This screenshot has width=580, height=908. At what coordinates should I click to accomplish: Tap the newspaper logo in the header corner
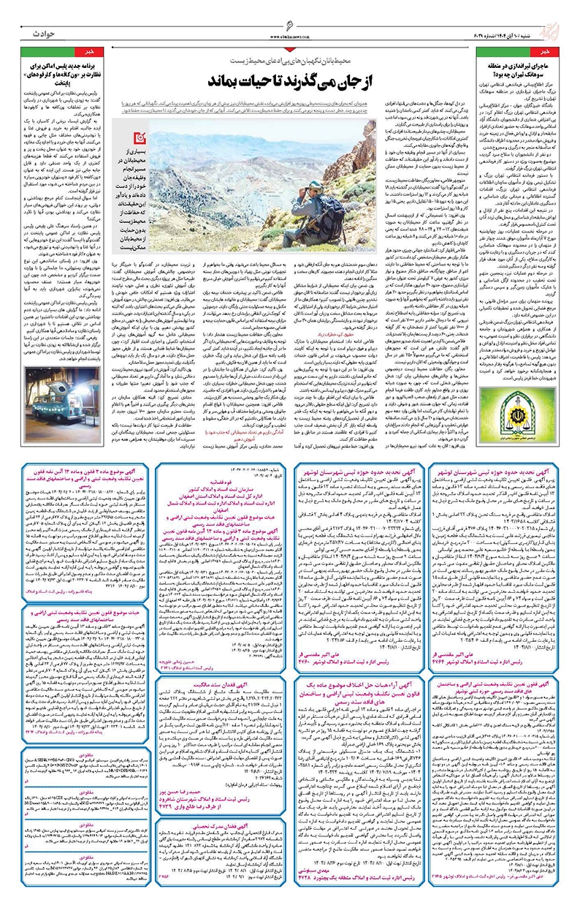pos(563,16)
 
